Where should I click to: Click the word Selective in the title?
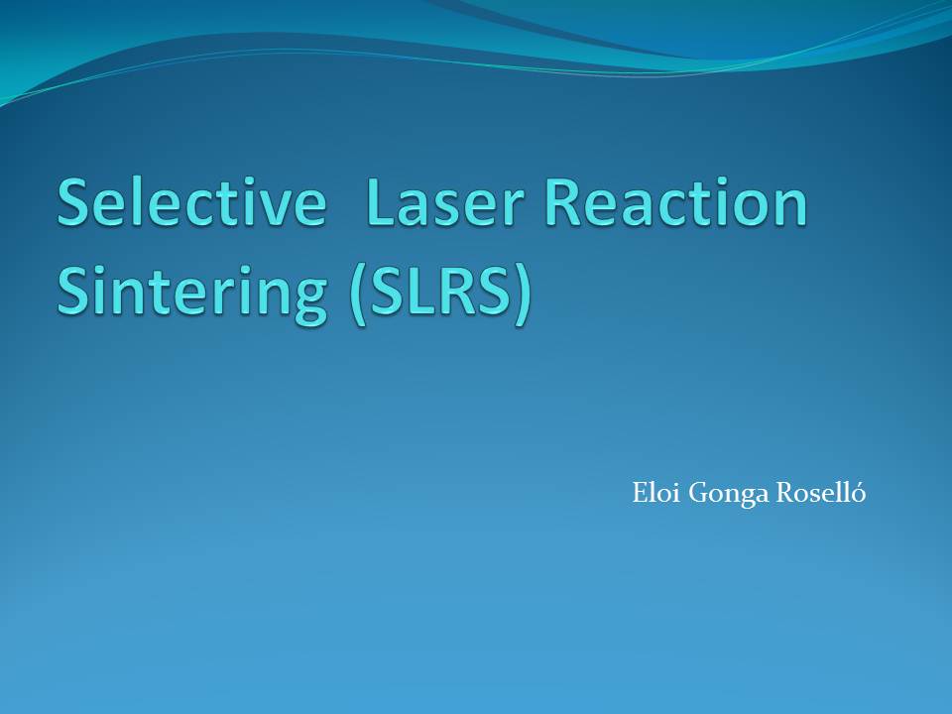tap(191, 202)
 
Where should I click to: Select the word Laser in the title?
tap(445, 202)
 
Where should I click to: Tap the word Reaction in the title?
tap(676, 202)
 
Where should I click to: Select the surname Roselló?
tap(821, 492)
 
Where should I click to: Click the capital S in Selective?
tap(73, 202)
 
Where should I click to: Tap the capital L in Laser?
tap(382, 202)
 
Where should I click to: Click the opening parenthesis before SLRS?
tap(358, 296)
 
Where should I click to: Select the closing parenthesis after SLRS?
tap(524, 296)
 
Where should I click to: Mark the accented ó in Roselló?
tap(858, 493)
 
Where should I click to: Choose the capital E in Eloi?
tap(641, 493)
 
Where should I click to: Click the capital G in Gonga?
tap(699, 493)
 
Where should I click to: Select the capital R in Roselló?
tap(786, 493)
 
